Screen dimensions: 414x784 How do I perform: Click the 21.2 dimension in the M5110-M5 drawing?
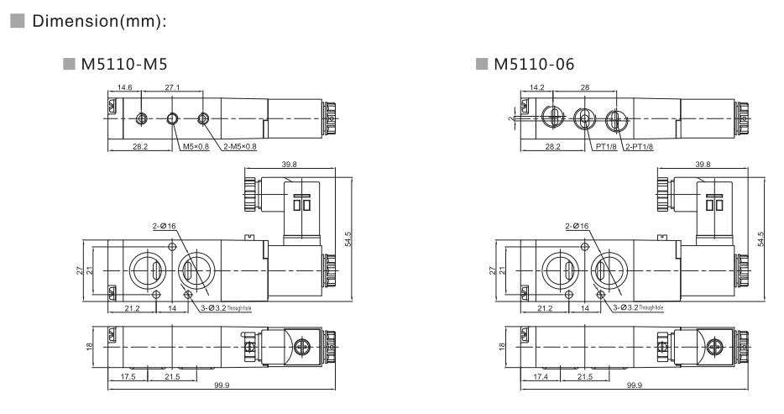[x=133, y=309]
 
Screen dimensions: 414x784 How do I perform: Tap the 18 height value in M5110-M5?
[x=91, y=346]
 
